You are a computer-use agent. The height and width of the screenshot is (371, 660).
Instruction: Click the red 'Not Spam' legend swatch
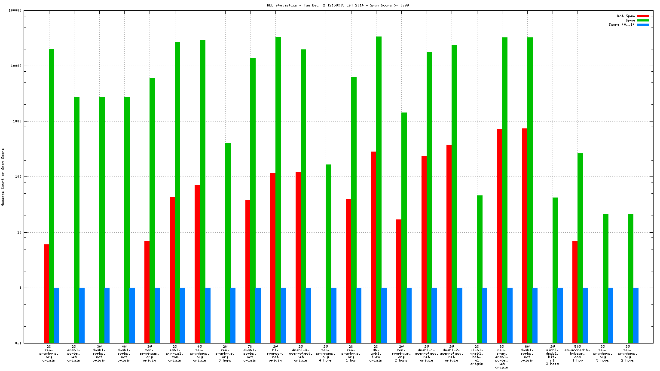[643, 16]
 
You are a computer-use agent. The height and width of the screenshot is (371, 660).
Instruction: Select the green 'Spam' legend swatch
[643, 20]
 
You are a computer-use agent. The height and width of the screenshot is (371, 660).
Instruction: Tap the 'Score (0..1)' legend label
[621, 24]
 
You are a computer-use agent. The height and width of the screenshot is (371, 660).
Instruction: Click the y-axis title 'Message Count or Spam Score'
[3, 177]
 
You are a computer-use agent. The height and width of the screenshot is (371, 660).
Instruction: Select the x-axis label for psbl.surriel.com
[174, 353]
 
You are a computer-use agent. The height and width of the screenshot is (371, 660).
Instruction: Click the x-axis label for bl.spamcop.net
[275, 353]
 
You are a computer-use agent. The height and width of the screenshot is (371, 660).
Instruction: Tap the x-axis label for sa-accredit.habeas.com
[577, 353]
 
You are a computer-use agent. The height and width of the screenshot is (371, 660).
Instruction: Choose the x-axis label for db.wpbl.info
[376, 353]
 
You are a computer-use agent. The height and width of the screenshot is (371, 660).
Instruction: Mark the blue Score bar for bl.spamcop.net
[283, 315]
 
